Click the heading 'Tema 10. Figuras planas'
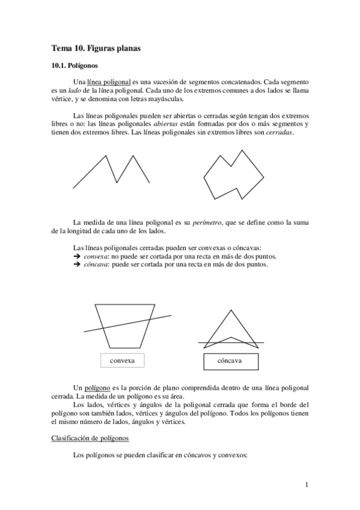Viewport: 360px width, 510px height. pos(96,48)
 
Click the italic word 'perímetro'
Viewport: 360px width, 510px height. pos(206,223)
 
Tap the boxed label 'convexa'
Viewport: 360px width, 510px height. pos(123,360)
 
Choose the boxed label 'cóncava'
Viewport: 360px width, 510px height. pos(230,361)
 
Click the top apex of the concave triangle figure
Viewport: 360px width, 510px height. pos(229,311)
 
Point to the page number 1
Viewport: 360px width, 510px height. pos(307,485)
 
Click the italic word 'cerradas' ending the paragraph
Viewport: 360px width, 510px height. pos(279,132)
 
